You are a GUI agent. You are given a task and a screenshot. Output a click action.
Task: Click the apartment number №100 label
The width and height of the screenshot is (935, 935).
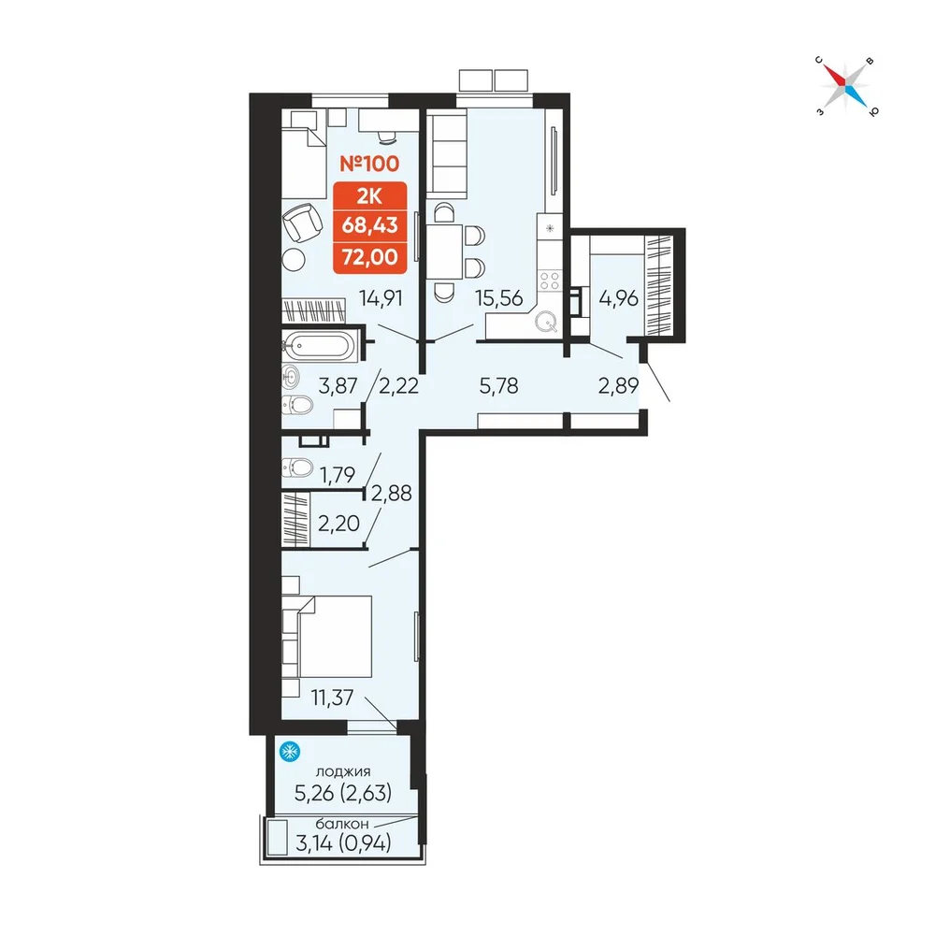(x=369, y=164)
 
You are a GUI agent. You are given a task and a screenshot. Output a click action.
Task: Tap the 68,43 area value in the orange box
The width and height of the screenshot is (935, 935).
(x=369, y=225)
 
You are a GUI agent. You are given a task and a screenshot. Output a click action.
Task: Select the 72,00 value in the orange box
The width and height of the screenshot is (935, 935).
(x=369, y=257)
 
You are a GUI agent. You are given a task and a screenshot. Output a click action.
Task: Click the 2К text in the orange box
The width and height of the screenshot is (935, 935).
(x=369, y=196)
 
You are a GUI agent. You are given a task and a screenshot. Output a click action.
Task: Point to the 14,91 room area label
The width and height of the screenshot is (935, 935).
(x=381, y=297)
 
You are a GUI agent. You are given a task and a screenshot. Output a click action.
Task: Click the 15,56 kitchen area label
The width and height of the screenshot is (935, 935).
(x=498, y=297)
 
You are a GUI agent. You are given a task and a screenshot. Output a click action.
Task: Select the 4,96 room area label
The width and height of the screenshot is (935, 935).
(x=618, y=297)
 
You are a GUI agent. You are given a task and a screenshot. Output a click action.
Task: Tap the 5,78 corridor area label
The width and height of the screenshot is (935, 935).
(x=498, y=386)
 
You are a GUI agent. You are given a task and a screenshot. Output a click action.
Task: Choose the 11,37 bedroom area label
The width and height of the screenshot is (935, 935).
(x=332, y=697)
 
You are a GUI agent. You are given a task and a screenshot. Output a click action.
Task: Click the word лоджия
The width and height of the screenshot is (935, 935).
(x=343, y=771)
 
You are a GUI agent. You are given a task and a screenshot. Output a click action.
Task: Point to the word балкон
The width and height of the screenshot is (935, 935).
(x=341, y=824)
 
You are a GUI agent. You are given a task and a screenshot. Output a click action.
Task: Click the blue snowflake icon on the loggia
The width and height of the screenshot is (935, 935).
(x=290, y=752)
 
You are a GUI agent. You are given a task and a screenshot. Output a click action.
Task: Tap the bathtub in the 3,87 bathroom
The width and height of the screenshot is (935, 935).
(x=320, y=347)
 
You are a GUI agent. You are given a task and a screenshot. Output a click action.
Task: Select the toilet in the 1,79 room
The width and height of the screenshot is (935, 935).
(x=297, y=467)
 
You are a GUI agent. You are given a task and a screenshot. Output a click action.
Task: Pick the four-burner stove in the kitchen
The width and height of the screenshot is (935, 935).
(x=549, y=280)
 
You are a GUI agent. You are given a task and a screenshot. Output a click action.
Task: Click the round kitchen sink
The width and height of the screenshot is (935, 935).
(x=546, y=323)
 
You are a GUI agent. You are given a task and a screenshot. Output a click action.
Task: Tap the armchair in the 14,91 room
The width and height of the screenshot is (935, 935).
(x=302, y=223)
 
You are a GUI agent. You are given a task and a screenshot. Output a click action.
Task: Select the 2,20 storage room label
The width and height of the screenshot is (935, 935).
(x=338, y=524)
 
